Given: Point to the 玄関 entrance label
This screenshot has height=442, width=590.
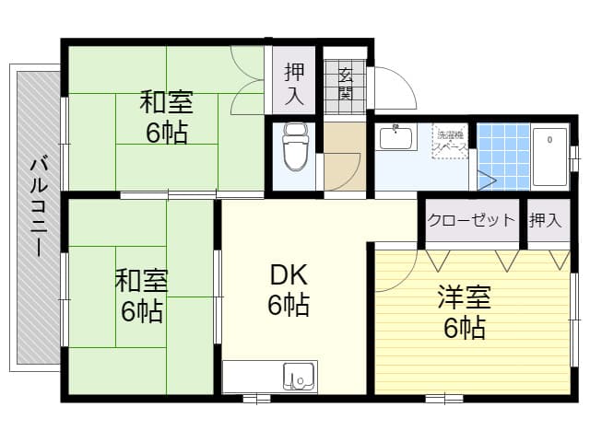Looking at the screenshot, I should tap(346, 83).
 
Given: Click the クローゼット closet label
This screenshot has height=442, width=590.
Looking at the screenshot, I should tap(470, 220).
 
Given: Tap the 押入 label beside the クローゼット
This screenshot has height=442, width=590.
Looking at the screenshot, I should tap(545, 220).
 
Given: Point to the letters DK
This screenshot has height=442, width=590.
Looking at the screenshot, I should tap(288, 274).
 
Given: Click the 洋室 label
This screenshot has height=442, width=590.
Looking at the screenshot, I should tap(463, 297).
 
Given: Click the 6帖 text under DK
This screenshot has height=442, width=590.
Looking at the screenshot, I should tap(288, 305).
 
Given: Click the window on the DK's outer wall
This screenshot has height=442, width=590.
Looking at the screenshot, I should tap(256, 399).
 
